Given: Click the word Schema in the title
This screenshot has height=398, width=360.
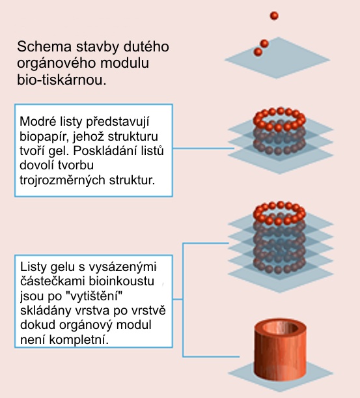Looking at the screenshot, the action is coord(44,47).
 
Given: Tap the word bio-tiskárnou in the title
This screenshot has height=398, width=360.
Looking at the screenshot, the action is coord(62,80).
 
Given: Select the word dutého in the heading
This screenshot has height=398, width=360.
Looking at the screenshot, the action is coord(146,47).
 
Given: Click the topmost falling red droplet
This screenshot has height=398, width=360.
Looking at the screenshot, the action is coord(274,16).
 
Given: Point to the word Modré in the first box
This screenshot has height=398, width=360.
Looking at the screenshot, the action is coord(38,121).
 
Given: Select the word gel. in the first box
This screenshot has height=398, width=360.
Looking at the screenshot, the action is coord(59,151).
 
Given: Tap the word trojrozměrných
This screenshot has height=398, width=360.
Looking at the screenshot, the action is coord(62,180).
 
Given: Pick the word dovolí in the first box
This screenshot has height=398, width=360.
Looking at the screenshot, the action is coord(36,165).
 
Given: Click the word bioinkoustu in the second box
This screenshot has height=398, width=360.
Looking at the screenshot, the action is coord(122,281).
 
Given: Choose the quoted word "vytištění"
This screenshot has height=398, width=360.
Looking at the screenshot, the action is coord(94,296).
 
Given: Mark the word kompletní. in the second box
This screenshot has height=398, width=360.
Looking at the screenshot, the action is coord(79,340).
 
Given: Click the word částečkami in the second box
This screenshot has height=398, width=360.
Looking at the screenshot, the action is coord(53,281).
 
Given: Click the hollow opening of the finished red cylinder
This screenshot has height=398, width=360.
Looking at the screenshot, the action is coord(281,328).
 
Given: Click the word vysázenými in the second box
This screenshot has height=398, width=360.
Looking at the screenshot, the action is coord(122,267).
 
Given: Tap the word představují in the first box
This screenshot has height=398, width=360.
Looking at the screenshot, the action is coord(117,122).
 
